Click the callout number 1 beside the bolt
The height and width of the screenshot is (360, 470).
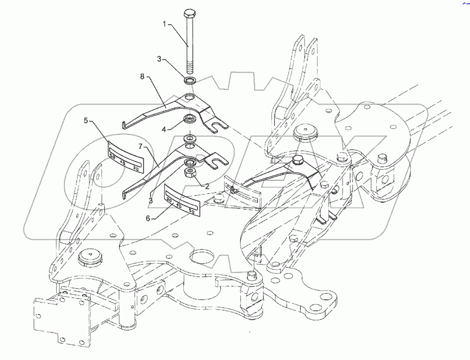tap(165, 24)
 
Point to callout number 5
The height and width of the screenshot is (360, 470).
tap(85, 121)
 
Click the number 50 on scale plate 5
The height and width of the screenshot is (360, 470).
tap(113, 155)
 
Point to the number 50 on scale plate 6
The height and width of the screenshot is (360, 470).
tap(191, 213)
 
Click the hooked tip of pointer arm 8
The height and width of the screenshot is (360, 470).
tap(123, 124)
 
